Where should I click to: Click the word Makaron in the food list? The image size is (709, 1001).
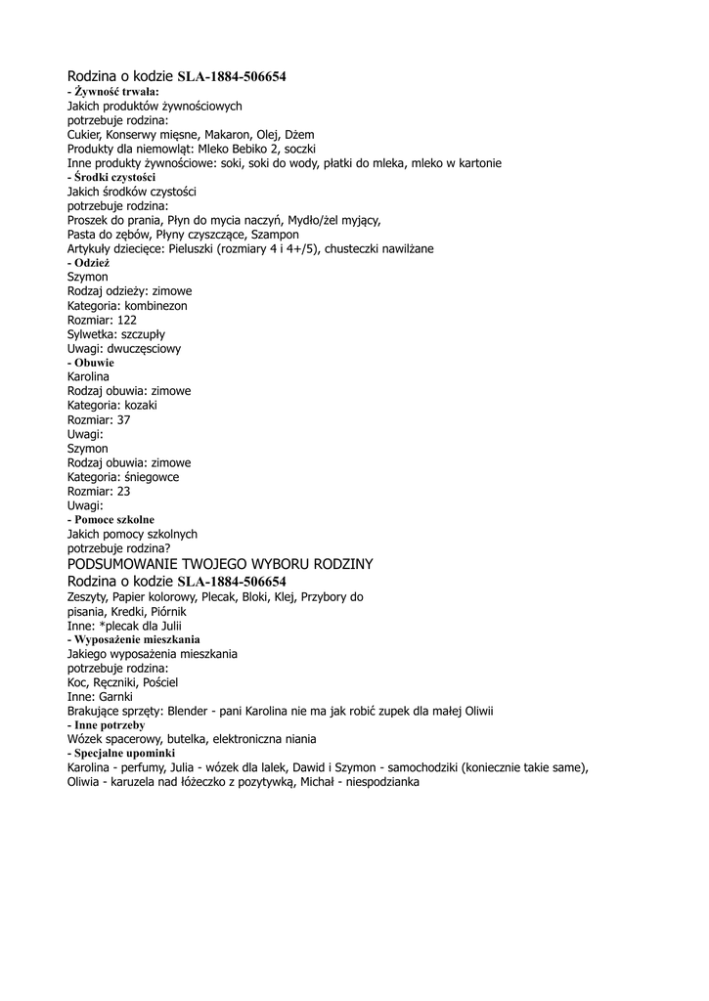coord(226,134)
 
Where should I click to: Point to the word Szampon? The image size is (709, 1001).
coord(275,235)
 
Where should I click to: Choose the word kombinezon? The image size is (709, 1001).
coord(155,306)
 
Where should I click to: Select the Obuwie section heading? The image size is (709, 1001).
coord(94,363)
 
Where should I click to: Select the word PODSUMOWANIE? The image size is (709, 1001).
coord(123,564)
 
